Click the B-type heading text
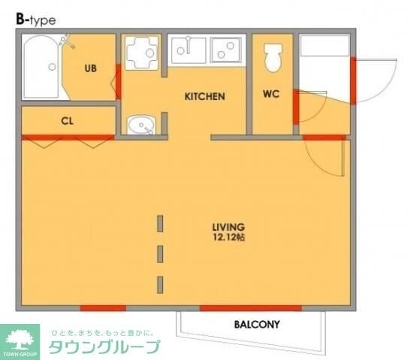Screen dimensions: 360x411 tap(35, 20)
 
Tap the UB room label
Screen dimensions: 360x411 tap(90, 69)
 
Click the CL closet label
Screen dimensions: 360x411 tap(67, 121)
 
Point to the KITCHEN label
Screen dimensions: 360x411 tap(205, 96)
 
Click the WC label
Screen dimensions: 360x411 tap(271, 95)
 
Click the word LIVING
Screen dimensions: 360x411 tap(228, 226)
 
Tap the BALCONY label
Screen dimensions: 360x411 tap(257, 325)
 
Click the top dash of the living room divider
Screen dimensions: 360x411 tap(160, 223)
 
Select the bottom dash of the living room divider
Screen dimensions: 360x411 tap(160, 283)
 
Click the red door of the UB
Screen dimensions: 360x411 tap(118, 81)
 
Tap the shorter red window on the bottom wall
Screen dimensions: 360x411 tap(103, 307)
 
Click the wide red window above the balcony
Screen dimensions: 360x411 tap(250, 307)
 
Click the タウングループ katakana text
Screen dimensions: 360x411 tap(104, 346)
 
